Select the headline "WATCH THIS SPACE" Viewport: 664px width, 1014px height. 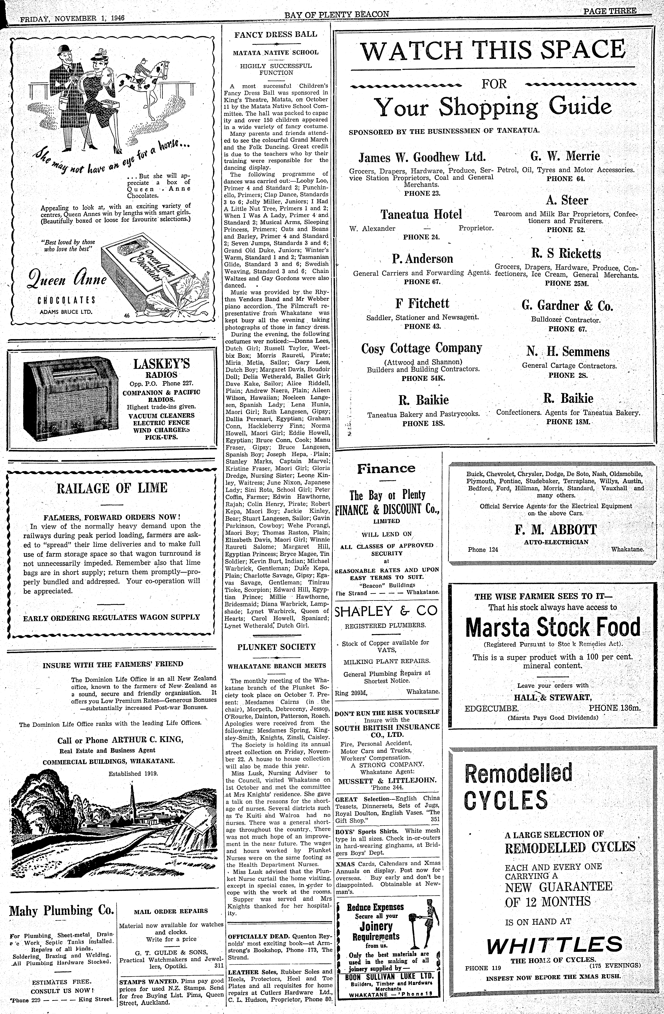[493, 50]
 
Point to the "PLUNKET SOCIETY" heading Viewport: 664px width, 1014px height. [276, 647]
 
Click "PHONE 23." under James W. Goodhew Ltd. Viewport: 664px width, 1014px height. [422, 193]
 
